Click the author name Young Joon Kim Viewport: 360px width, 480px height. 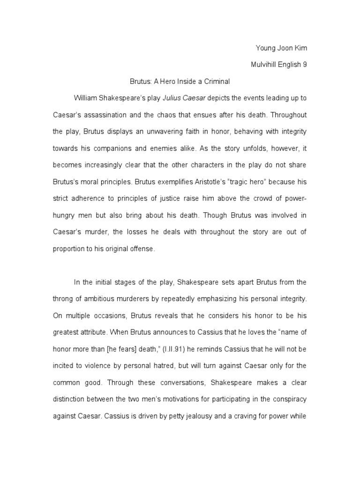coord(281,48)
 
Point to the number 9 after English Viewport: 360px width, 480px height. coord(305,65)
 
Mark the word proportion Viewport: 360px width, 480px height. coord(67,249)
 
